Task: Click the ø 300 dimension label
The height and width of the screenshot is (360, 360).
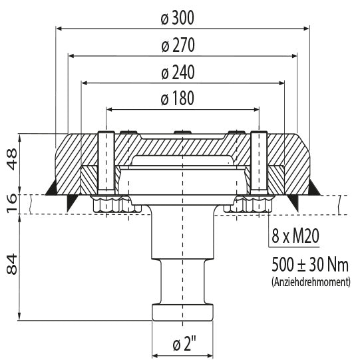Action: point(178,18)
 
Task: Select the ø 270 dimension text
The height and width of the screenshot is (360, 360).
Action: point(178,45)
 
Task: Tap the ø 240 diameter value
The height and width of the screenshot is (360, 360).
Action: point(178,73)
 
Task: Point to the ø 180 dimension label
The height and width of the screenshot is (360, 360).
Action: point(178,98)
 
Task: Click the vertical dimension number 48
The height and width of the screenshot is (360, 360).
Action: point(12,159)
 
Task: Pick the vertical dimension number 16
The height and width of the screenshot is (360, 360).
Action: point(12,204)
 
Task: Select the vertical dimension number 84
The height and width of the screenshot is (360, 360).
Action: point(12,264)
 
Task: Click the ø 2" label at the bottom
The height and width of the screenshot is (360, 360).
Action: point(184,344)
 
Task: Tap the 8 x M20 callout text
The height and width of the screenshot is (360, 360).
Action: point(295,236)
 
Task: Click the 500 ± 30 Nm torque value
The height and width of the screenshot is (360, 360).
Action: point(310,264)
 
